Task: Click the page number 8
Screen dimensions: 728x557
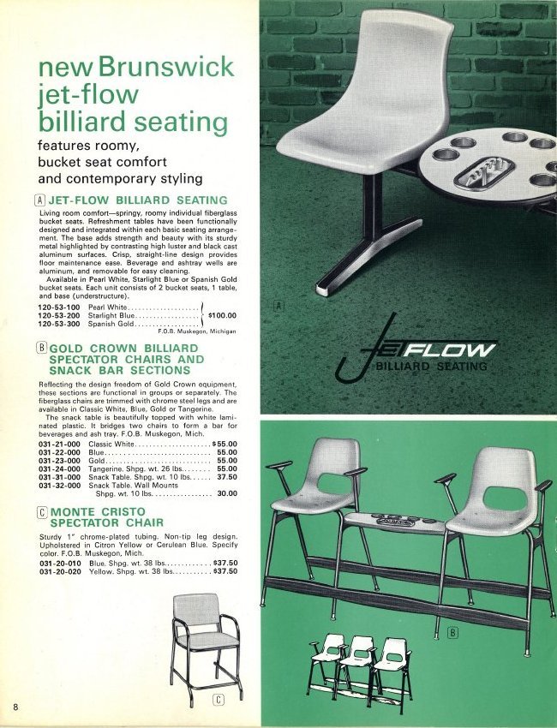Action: coord(16,705)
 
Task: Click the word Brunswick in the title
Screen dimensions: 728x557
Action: coord(165,67)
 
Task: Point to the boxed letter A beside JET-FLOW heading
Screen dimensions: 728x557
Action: coord(43,200)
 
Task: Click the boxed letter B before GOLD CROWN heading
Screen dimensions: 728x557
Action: coord(42,349)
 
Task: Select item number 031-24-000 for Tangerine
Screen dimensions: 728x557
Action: coord(60,468)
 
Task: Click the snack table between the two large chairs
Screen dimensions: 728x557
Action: coord(403,521)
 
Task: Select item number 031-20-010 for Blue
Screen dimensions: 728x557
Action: coord(60,563)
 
